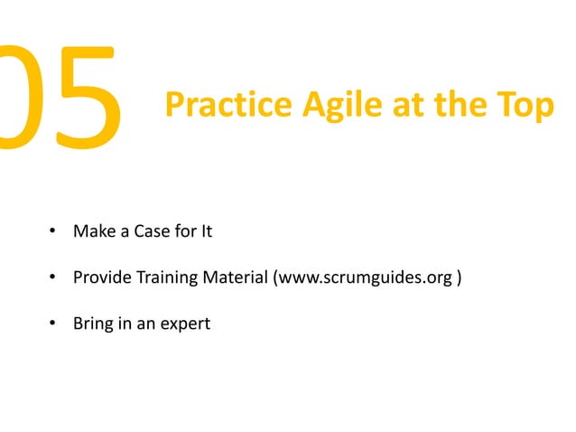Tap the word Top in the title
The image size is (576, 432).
(525, 107)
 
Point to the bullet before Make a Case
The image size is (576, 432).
(52, 232)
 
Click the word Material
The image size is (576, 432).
(233, 277)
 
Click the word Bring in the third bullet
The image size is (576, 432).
(92, 322)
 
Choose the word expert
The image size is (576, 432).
(185, 322)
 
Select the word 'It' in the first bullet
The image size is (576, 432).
(206, 231)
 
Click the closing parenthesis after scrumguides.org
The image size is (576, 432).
(460, 277)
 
